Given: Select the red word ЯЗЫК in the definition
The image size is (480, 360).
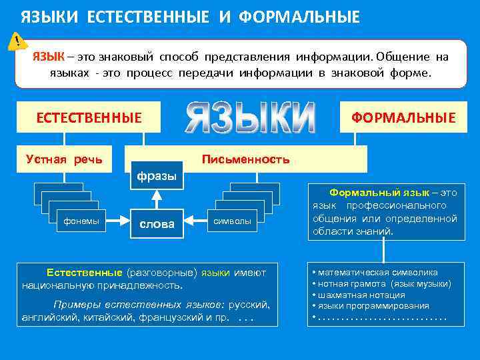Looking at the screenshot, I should click(x=49, y=57).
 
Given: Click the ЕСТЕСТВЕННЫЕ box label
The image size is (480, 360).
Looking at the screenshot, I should click(x=89, y=118).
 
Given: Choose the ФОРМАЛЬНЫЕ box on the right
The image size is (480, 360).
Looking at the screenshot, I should click(x=403, y=118).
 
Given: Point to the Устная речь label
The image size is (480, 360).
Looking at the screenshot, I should click(x=64, y=159).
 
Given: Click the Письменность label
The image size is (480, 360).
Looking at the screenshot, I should click(x=245, y=159).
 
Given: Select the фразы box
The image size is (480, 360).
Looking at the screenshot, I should click(x=157, y=176).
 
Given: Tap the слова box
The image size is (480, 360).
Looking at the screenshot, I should click(x=157, y=223).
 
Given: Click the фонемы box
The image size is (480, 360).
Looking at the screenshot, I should click(x=81, y=221).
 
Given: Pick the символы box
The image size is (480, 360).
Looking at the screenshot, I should click(x=232, y=221).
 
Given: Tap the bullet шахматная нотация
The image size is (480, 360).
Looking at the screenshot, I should click(x=360, y=295).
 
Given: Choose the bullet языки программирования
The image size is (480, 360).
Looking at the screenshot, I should click(x=372, y=306).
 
